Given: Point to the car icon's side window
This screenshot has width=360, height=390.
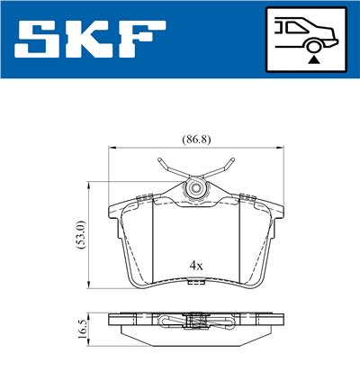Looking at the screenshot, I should (292, 27).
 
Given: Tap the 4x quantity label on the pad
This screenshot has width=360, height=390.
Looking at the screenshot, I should (195, 266).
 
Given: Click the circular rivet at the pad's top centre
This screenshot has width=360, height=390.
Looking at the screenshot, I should (194, 190).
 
